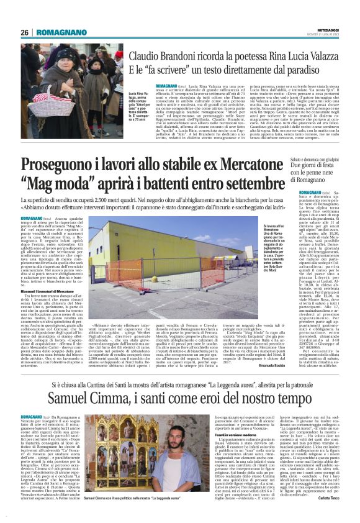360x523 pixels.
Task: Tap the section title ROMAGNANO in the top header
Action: coord(60,32)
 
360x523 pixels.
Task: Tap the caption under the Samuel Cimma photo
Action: coord(117,498)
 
